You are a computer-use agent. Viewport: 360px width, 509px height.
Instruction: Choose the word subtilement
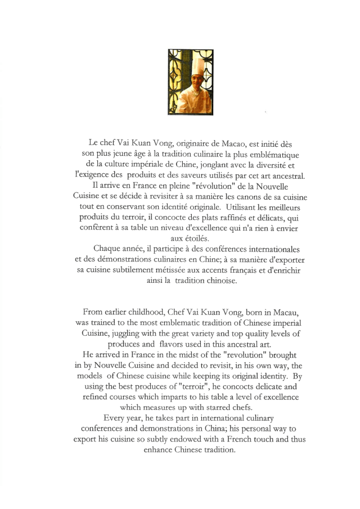click(x=123, y=270)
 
